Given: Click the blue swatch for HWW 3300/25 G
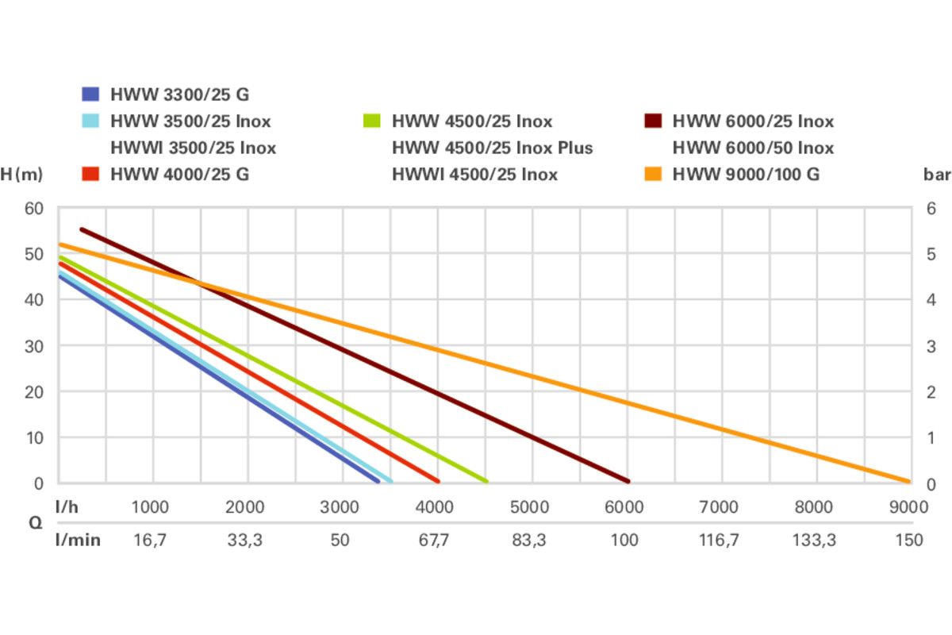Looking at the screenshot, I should click(x=90, y=94).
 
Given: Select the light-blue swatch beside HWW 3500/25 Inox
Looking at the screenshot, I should click(x=90, y=121).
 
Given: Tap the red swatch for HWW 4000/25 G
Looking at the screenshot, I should click(x=90, y=174).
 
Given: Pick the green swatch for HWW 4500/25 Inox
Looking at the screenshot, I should click(x=372, y=121).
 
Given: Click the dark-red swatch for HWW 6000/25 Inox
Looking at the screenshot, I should click(x=652, y=121).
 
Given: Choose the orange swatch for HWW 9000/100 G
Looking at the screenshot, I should click(x=652, y=174).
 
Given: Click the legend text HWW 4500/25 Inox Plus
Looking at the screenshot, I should click(x=492, y=148).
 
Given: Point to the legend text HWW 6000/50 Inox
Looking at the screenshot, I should click(x=753, y=148).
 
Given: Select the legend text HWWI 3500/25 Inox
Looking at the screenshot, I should click(x=194, y=148).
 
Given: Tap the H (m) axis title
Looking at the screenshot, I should click(x=21, y=175).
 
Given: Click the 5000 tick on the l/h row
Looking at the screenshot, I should click(x=529, y=507).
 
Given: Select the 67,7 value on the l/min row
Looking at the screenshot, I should click(x=434, y=540).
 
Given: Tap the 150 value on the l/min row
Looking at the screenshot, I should click(x=908, y=540).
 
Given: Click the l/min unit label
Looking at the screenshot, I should click(x=78, y=540).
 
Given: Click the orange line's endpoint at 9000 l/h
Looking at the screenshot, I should click(x=908, y=481).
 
